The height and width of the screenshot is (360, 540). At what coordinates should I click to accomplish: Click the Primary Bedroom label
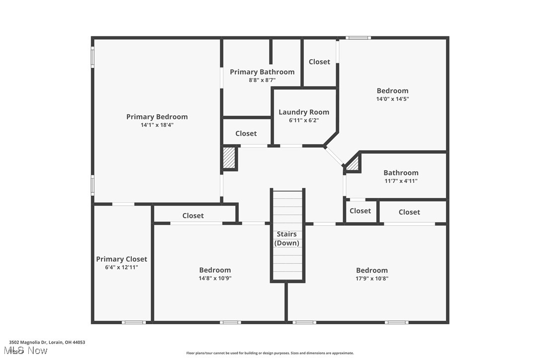pos(157,117)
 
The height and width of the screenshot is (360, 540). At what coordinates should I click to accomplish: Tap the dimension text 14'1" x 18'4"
pos(157,125)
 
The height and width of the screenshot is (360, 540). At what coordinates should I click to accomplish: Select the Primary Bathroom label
pos(262,72)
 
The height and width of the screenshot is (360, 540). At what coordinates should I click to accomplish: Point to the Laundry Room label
pos(304,112)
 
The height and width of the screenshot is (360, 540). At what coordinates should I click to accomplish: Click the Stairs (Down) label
pos(287,239)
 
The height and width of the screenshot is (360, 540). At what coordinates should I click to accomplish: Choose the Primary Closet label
pos(121,259)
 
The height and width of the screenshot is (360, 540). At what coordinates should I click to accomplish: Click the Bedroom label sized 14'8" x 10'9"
pos(215,270)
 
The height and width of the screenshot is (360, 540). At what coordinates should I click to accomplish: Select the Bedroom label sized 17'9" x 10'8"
pos(372,270)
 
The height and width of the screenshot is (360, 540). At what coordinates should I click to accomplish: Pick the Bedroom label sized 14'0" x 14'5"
pos(392,90)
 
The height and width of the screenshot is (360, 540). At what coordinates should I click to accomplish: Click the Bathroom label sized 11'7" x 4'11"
pos(401,173)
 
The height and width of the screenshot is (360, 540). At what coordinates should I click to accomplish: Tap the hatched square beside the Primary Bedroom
pos(229,158)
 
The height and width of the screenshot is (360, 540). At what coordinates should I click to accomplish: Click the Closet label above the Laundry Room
pos(319,62)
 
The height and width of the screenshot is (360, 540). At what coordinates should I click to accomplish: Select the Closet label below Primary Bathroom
pos(246,134)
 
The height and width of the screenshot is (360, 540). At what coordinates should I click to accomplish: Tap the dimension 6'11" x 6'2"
pos(304,120)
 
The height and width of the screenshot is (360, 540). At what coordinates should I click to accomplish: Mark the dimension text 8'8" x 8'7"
pos(262,80)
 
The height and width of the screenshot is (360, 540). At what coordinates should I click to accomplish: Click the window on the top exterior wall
pos(358,38)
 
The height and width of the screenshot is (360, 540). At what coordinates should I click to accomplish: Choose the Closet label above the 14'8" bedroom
pos(193,216)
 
